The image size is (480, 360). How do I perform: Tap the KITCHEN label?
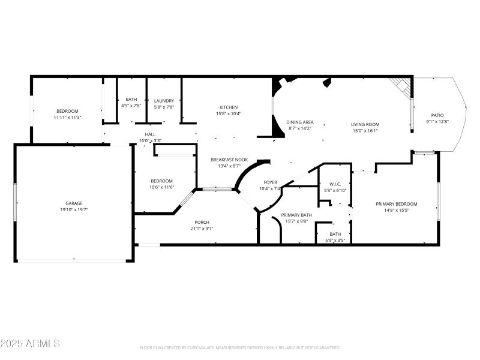[x=228, y=107]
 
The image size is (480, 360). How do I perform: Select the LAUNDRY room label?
[x=164, y=101]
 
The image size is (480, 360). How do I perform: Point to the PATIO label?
[x=437, y=115]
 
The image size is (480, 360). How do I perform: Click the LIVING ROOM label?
[x=365, y=124]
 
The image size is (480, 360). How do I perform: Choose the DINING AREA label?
[x=299, y=122]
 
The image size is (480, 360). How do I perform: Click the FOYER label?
[x=270, y=182]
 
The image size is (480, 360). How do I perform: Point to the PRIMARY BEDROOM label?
[x=396, y=204]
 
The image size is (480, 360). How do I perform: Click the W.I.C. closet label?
[x=334, y=184]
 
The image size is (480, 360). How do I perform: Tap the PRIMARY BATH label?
[x=296, y=215]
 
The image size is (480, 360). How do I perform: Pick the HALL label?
[x=150, y=134]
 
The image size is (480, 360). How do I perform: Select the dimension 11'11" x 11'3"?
[x=67, y=118]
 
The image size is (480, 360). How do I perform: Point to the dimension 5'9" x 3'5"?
[x=335, y=241]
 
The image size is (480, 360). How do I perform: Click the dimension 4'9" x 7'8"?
[x=131, y=106]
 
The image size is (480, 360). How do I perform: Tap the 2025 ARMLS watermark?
[x=30, y=344]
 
